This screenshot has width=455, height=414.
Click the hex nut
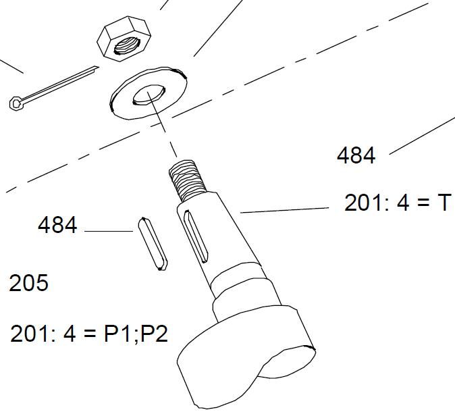tap(124, 38)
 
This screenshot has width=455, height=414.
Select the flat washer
tap(149, 93)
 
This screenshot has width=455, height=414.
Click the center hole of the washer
tap(149, 95)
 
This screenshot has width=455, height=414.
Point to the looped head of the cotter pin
tap(16, 103)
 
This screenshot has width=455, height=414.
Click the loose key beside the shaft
tap(153, 244)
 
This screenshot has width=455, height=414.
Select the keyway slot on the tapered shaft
tap(196, 236)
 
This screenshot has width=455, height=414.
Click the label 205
tap(29, 283)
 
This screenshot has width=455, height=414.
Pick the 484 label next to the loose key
tap(57, 225)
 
